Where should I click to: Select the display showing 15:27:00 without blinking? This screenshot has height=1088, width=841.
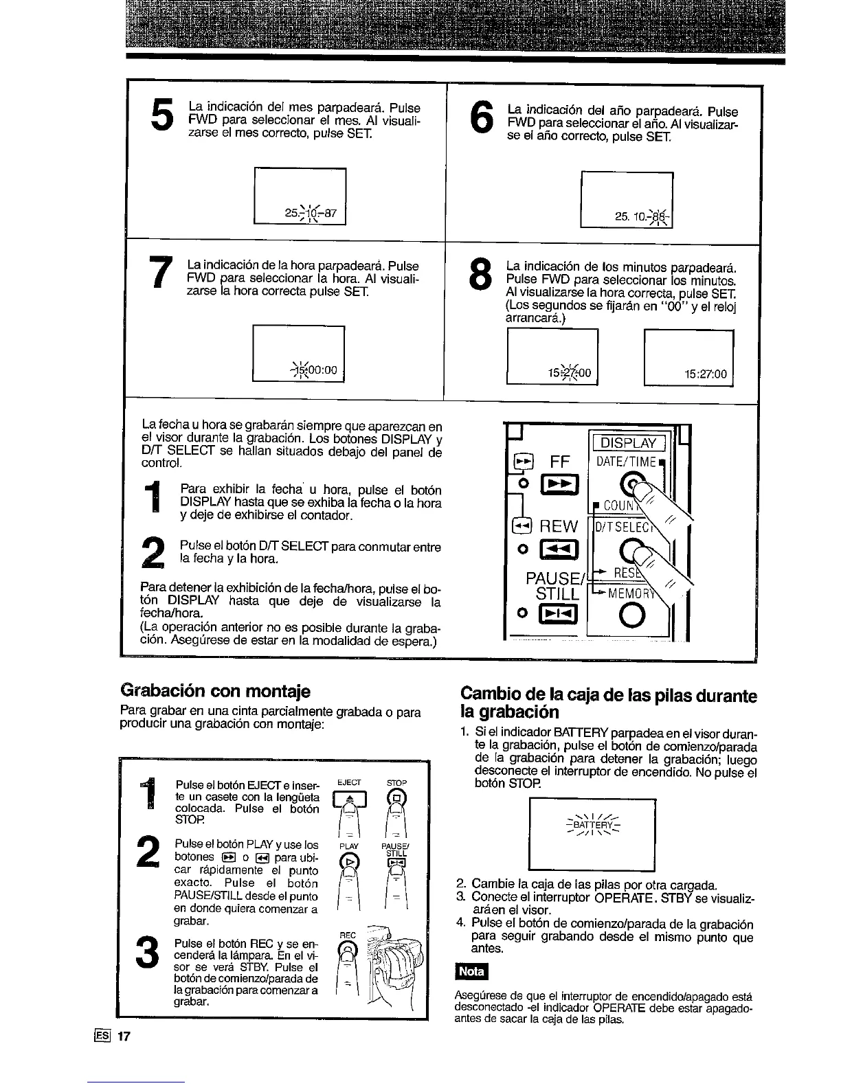click(x=689, y=356)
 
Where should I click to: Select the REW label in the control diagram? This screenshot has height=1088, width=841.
click(x=559, y=526)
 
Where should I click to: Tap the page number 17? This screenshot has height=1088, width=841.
click(x=123, y=1036)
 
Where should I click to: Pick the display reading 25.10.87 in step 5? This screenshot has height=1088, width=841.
click(x=300, y=196)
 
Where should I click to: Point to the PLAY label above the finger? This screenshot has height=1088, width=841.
click(x=350, y=846)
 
